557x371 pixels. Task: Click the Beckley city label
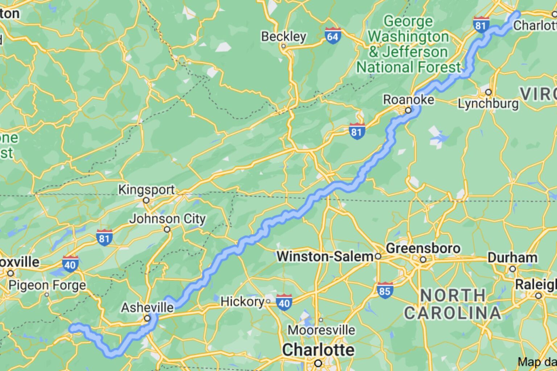pyautogui.click(x=284, y=37)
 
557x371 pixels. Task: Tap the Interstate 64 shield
pyautogui.click(x=333, y=36)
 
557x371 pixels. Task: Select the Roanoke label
pyautogui.click(x=408, y=99)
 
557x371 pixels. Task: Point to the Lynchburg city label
pyautogui.click(x=488, y=104)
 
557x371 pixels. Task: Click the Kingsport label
pyautogui.click(x=147, y=189)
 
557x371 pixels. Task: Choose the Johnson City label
pyautogui.click(x=168, y=219)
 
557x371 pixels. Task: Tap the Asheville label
pyautogui.click(x=147, y=308)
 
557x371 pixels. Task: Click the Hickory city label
pyautogui.click(x=243, y=301)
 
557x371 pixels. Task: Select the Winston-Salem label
pyautogui.click(x=325, y=257)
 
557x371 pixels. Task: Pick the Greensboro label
pyautogui.click(x=423, y=249)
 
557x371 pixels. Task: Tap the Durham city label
pyautogui.click(x=512, y=258)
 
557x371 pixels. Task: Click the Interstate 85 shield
pyautogui.click(x=385, y=291)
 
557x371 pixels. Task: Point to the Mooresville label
pyautogui.click(x=321, y=330)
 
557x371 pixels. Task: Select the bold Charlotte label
pyautogui.click(x=318, y=350)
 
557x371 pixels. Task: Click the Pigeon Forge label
pyautogui.click(x=47, y=285)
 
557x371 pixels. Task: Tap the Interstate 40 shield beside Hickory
pyautogui.click(x=284, y=303)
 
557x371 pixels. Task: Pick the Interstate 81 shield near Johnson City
pyautogui.click(x=104, y=238)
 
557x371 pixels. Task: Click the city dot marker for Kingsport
pyautogui.click(x=146, y=200)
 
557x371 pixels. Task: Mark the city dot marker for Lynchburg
pyautogui.click(x=488, y=92)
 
